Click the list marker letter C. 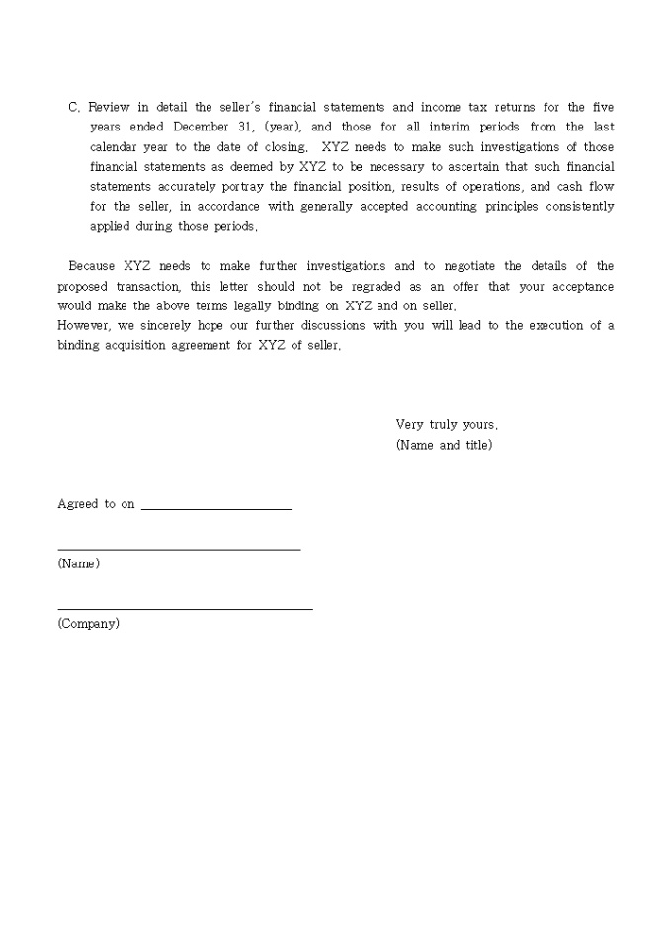72,107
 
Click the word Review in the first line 109,107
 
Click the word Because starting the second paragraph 92,266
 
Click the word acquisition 136,346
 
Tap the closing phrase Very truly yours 447,425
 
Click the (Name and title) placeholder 444,445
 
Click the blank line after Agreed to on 216,508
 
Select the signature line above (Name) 179,548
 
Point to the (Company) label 88,624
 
